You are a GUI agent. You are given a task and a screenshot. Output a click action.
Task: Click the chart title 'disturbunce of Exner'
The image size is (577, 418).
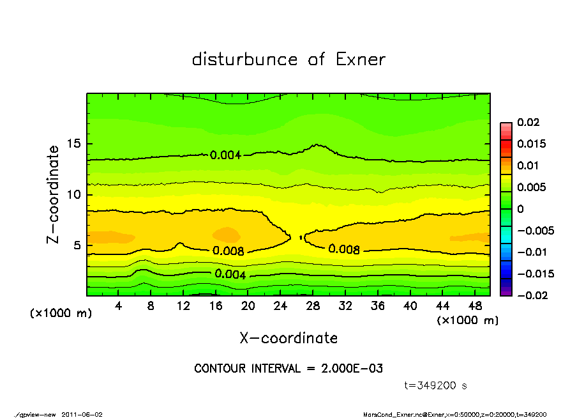click(288, 59)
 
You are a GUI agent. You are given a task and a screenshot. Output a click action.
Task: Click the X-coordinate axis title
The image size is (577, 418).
click(288, 338)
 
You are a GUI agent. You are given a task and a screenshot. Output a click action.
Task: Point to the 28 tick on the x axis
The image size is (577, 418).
click(313, 306)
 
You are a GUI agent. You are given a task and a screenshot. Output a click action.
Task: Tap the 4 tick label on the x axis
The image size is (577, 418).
click(119, 306)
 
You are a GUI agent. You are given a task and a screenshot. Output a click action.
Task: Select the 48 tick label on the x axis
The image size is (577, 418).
click(474, 306)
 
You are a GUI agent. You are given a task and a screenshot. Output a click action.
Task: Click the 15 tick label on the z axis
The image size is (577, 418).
click(74, 144)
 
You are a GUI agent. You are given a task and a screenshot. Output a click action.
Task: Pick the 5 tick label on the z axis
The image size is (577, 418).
click(78, 245)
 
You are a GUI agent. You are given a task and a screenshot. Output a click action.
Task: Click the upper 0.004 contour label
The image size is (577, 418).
click(225, 154)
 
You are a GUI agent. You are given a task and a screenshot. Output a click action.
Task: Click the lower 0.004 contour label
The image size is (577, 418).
click(230, 274)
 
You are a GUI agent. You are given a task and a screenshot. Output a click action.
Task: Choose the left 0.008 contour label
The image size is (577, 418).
click(228, 251)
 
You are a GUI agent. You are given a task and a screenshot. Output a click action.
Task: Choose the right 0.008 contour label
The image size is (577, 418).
click(344, 249)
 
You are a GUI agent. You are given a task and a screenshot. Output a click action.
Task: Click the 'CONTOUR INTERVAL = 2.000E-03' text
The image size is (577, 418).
click(288, 369)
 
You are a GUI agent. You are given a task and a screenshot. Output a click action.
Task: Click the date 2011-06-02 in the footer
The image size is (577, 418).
click(82, 414)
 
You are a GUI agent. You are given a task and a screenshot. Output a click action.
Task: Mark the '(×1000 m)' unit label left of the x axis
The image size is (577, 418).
click(61, 314)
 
